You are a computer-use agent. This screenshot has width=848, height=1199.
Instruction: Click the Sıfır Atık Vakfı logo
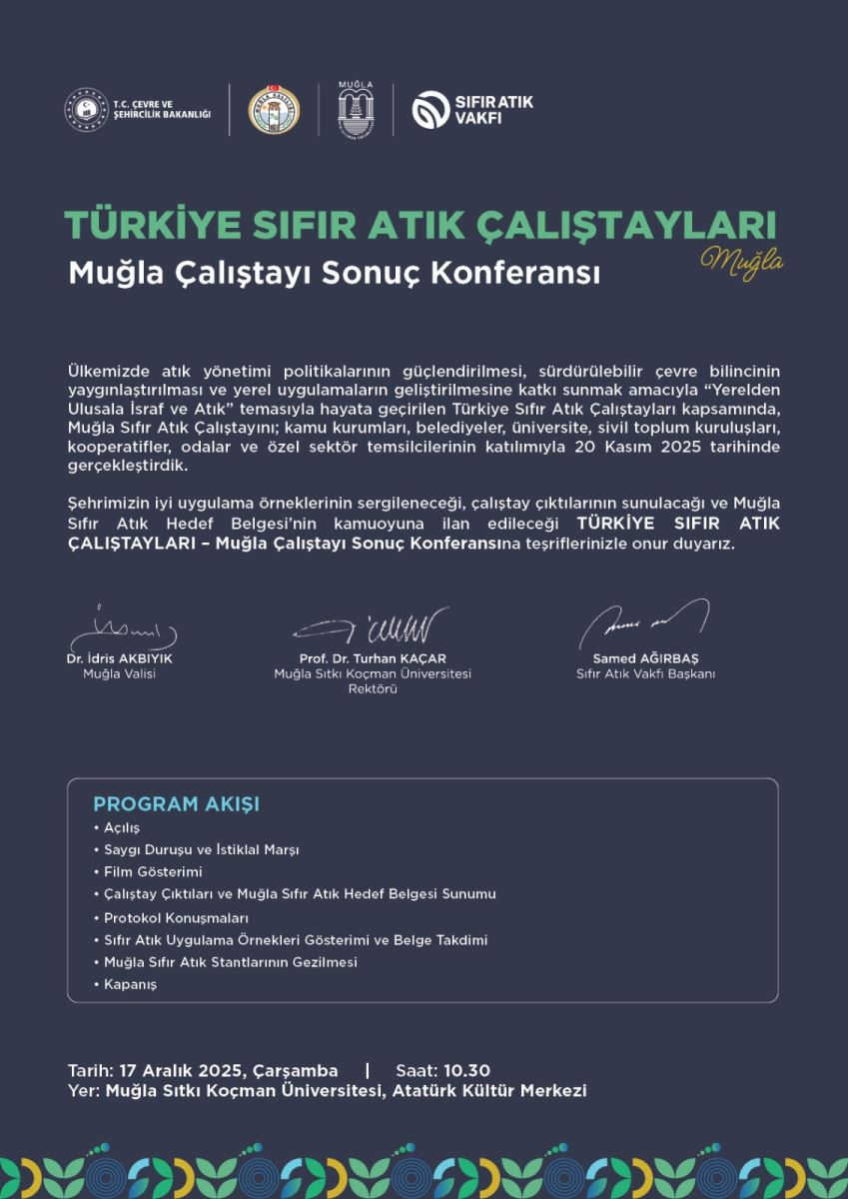pyautogui.click(x=472, y=109)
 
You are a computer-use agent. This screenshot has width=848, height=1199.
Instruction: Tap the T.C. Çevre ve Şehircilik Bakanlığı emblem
pyautogui.click(x=86, y=109)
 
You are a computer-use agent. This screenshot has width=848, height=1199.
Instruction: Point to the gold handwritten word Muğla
pyautogui.click(x=741, y=260)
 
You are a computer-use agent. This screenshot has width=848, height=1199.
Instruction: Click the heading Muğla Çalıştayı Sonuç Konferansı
pyautogui.click(x=335, y=273)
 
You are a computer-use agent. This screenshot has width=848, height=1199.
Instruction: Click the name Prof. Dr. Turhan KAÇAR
pyautogui.click(x=373, y=658)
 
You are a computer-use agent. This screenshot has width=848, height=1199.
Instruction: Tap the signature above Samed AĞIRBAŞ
pyautogui.click(x=644, y=623)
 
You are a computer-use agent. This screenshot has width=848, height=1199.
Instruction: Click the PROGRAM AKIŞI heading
pyautogui.click(x=176, y=804)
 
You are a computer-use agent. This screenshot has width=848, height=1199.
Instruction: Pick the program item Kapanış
pyautogui.click(x=130, y=984)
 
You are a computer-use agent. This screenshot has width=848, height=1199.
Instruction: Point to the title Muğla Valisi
pyautogui.click(x=120, y=673)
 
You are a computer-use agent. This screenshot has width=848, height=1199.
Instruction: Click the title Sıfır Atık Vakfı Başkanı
pyautogui.click(x=645, y=673)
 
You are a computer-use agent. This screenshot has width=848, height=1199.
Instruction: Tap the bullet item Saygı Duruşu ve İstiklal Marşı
pyautogui.click(x=201, y=850)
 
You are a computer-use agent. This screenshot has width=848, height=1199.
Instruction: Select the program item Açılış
pyautogui.click(x=122, y=828)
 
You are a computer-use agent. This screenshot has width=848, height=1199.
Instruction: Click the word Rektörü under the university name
pyautogui.click(x=373, y=688)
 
